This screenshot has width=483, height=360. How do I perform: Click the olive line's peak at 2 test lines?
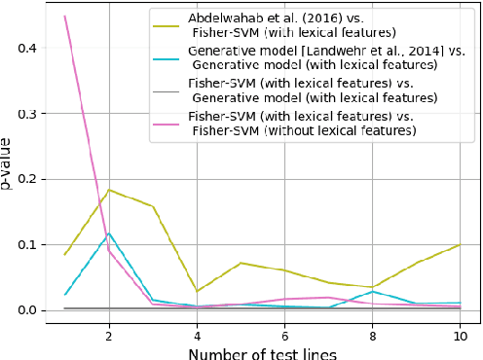[109, 190]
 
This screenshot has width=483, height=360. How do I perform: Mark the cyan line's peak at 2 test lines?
[109, 234]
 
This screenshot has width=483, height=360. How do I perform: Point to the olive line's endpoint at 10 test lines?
[460, 245]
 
